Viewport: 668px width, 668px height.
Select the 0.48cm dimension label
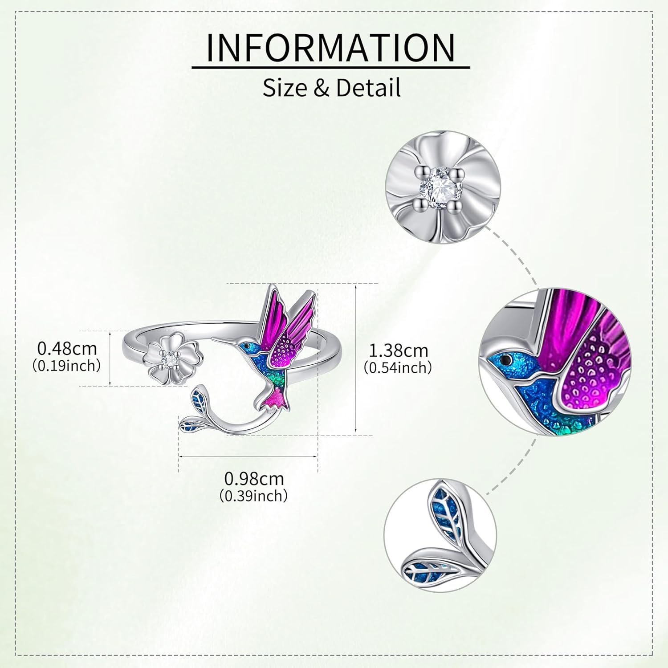pos(67,348)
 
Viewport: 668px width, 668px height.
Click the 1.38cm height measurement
pos(399,350)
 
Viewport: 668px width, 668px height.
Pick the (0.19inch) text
pos(67,366)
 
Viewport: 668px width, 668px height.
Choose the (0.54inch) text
pos(398,368)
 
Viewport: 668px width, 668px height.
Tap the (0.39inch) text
pos(254,495)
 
